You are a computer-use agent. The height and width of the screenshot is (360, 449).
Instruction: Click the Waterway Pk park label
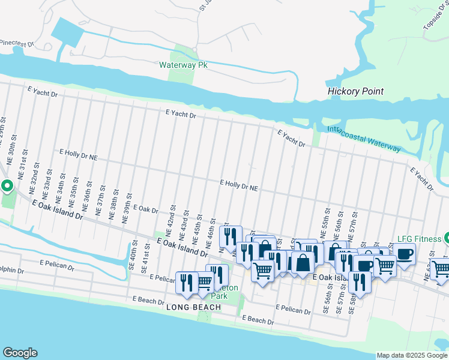coord(183,65)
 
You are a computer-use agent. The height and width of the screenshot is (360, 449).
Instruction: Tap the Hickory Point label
coord(355,92)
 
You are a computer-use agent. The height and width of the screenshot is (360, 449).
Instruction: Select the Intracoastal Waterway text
coord(364,138)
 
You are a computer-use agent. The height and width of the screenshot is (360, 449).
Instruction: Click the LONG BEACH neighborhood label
coord(193,307)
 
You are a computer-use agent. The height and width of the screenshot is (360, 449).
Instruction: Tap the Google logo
coord(20,353)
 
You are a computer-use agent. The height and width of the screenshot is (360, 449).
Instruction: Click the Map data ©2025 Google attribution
coord(412,355)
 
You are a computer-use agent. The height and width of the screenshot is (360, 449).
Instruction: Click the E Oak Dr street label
coord(145,211)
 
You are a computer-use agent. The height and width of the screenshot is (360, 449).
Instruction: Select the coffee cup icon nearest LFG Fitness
coord(405,253)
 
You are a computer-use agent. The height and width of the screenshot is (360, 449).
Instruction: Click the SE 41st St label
coord(146,262)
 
